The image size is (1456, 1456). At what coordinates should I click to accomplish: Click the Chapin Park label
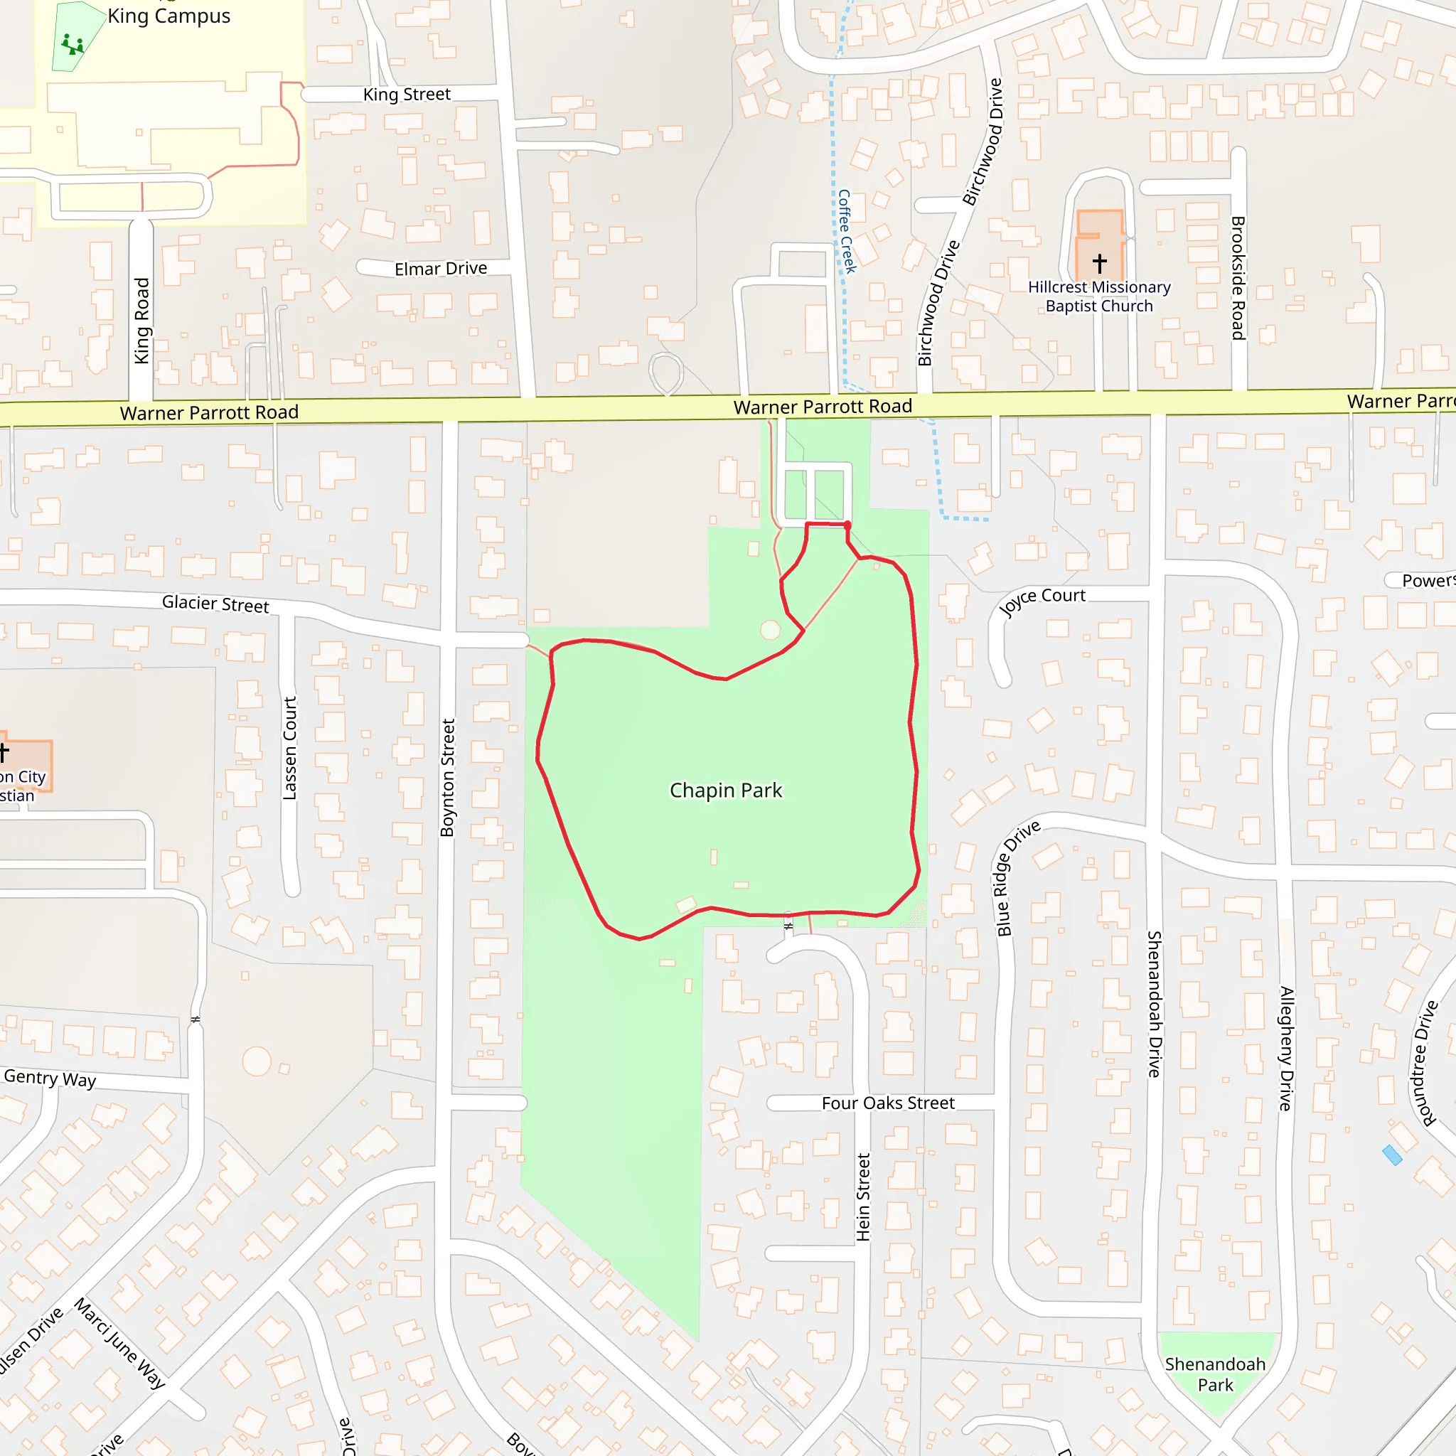726,790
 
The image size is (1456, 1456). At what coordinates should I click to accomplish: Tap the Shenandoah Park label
1215,1375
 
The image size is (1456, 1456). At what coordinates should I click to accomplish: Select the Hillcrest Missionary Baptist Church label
1099,296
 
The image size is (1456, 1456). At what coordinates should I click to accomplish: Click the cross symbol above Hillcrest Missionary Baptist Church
1100,262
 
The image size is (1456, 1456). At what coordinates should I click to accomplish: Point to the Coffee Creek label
847,230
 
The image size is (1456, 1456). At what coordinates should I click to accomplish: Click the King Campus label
168,16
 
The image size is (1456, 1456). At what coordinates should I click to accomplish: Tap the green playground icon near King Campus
73,45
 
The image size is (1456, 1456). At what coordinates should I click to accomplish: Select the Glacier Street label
215,604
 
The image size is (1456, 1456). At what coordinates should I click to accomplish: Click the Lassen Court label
290,748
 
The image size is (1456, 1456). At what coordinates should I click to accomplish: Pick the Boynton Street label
448,778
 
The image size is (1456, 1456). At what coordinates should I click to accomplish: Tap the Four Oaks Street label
888,1103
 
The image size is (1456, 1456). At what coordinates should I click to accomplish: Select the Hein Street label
863,1197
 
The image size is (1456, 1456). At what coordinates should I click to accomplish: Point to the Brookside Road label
1238,277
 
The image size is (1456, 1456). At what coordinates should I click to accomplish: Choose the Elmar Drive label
441,268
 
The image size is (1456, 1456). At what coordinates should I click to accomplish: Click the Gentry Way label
50,1078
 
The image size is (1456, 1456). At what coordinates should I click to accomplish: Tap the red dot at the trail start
848,525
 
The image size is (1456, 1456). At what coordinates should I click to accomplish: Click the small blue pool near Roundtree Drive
1392,1155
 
